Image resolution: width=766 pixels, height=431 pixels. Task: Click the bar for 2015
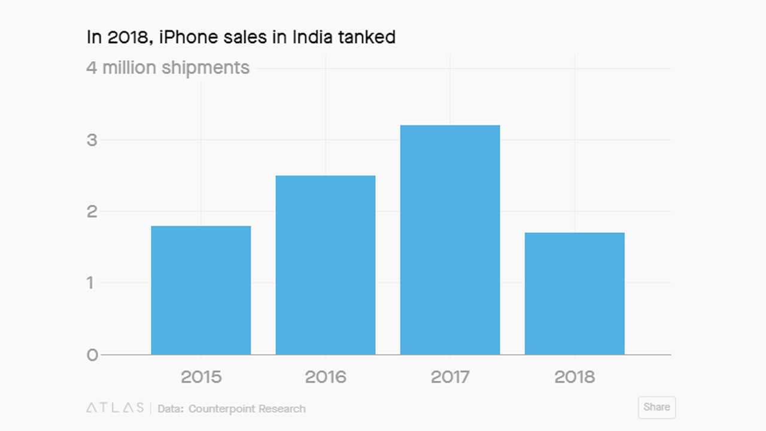pyautogui.click(x=200, y=290)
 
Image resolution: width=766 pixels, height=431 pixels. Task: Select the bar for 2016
pyautogui.click(x=325, y=265)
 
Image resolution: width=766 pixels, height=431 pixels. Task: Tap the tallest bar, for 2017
pyautogui.click(x=450, y=240)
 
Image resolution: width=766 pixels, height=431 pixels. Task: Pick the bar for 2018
pyautogui.click(x=574, y=293)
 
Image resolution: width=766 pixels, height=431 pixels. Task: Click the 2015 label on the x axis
pyautogui.click(x=201, y=377)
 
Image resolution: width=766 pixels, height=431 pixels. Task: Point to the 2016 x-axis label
pyautogui.click(x=326, y=377)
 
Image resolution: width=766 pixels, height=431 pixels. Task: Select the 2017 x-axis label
pyautogui.click(x=450, y=377)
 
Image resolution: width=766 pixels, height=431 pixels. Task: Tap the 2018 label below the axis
pyautogui.click(x=574, y=377)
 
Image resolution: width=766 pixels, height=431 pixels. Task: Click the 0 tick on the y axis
pyautogui.click(x=92, y=354)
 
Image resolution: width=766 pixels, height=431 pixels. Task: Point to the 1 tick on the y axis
pyautogui.click(x=91, y=283)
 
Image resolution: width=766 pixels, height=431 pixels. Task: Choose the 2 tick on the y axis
pyautogui.click(x=92, y=211)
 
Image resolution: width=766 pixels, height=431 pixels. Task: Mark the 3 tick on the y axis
pyautogui.click(x=92, y=140)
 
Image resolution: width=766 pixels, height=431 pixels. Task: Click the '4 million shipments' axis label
pyautogui.click(x=168, y=67)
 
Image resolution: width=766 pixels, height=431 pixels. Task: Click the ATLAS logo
pyautogui.click(x=115, y=408)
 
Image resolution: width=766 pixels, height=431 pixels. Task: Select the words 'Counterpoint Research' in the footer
pyautogui.click(x=247, y=409)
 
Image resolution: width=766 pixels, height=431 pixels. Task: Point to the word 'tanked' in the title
pyautogui.click(x=367, y=37)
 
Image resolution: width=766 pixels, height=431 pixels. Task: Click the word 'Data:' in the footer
pyautogui.click(x=171, y=409)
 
